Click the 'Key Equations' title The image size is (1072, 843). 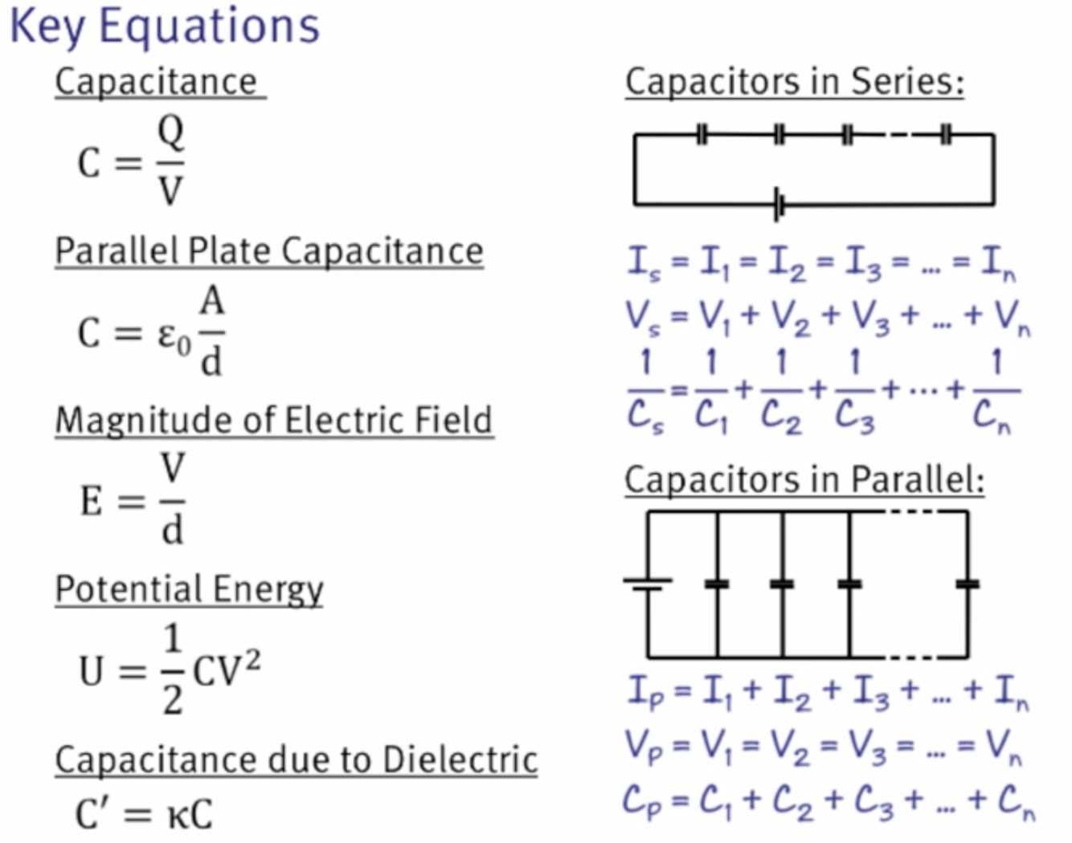pos(165,26)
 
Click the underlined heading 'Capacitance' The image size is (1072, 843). pos(157,82)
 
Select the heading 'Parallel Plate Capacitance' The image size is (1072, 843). pos(269,250)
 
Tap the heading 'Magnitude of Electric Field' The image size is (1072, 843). pos(274,420)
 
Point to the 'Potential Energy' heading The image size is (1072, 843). pos(190,589)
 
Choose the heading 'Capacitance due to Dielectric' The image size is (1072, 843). pos(296,760)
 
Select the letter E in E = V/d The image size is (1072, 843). pos(91,502)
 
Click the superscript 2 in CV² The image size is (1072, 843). pos(252,660)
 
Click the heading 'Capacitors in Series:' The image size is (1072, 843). pos(795,82)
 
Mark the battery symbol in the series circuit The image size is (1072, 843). pos(779,204)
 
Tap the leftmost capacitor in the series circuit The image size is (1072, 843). pos(702,134)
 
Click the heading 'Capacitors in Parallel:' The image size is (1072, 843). pos(804,479)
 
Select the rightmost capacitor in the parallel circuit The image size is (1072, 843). pos(968,584)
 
